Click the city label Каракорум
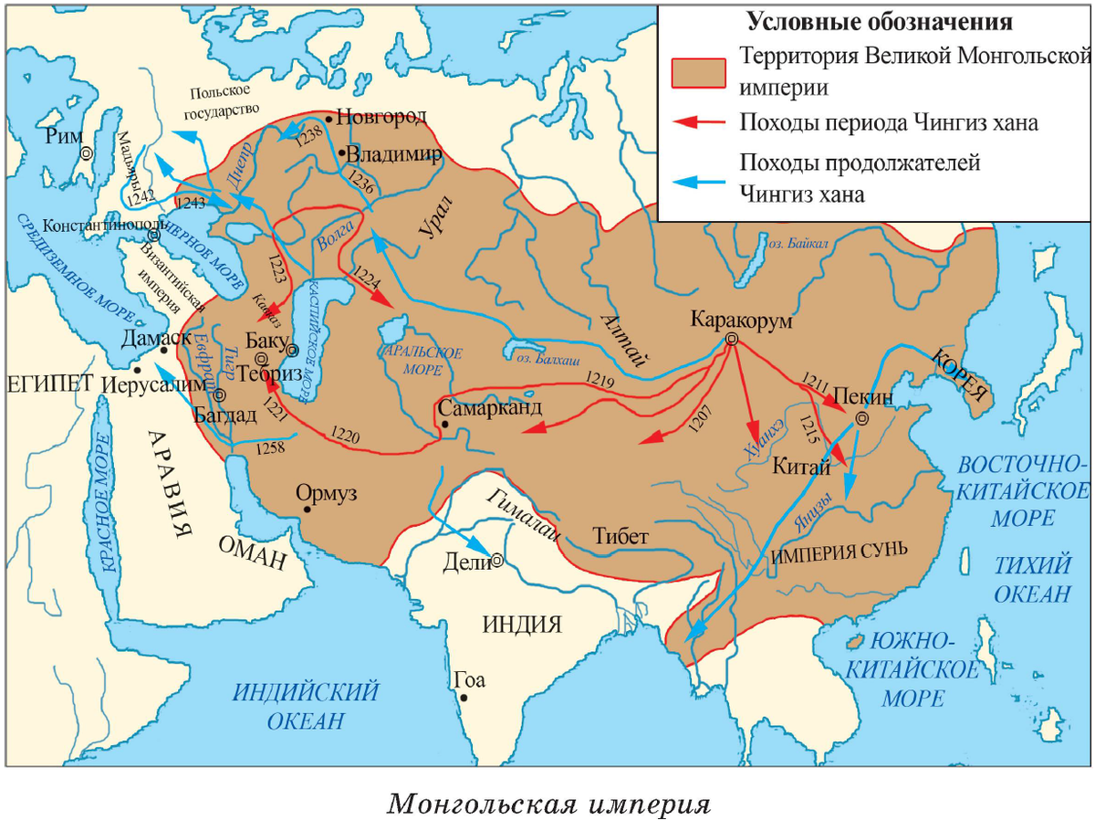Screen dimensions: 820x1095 click(x=742, y=321)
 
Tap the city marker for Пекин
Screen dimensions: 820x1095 click(x=860, y=420)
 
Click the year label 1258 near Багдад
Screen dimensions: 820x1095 click(x=270, y=448)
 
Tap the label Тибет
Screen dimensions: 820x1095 click(x=620, y=536)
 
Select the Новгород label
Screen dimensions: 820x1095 click(x=381, y=116)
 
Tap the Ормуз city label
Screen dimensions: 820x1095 click(x=326, y=494)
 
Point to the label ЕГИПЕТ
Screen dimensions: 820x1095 click(x=50, y=384)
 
